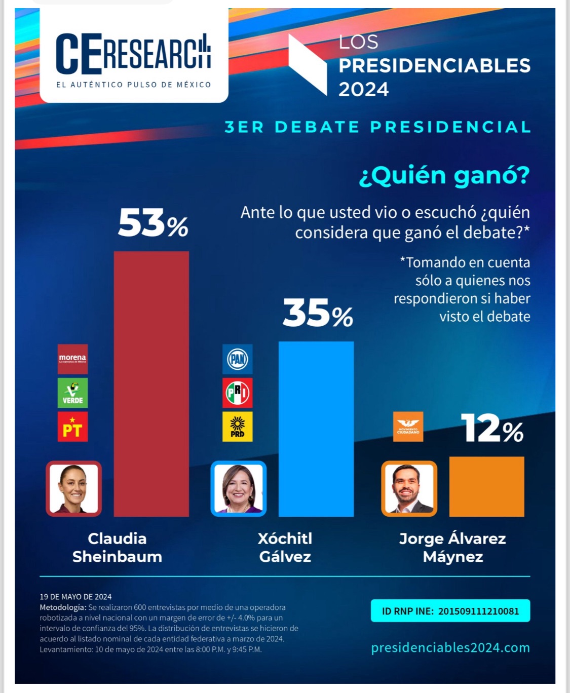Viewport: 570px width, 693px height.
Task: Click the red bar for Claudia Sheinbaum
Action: [x=151, y=383]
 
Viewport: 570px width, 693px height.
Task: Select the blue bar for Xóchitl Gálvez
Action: [x=316, y=429]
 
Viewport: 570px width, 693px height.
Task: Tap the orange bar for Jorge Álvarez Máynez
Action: [x=486, y=486]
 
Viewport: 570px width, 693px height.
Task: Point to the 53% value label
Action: [x=153, y=223]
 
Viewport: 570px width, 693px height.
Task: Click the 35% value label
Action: [x=318, y=313]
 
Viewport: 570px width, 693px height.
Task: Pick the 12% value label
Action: [x=492, y=429]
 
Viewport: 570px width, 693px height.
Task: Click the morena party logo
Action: [x=72, y=359]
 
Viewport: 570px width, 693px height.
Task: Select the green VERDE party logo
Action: [x=72, y=393]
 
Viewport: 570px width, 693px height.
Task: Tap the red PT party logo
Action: [x=72, y=427]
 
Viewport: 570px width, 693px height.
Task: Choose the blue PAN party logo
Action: [x=237, y=359]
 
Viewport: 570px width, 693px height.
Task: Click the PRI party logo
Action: [x=237, y=393]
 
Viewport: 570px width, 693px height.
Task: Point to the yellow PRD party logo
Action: [x=237, y=427]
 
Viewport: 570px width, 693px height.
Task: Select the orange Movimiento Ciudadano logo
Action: [x=408, y=427]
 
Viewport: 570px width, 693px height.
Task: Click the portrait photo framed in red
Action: [x=74, y=489]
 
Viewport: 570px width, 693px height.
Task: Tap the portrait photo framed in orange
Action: [x=409, y=489]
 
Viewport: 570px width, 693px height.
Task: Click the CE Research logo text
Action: [x=133, y=55]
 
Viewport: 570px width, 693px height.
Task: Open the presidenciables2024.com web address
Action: [x=450, y=647]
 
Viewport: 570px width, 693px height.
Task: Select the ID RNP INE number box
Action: [x=450, y=611]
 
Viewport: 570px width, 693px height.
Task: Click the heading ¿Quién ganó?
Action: [x=444, y=175]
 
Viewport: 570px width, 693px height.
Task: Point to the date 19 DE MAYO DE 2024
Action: [x=75, y=597]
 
